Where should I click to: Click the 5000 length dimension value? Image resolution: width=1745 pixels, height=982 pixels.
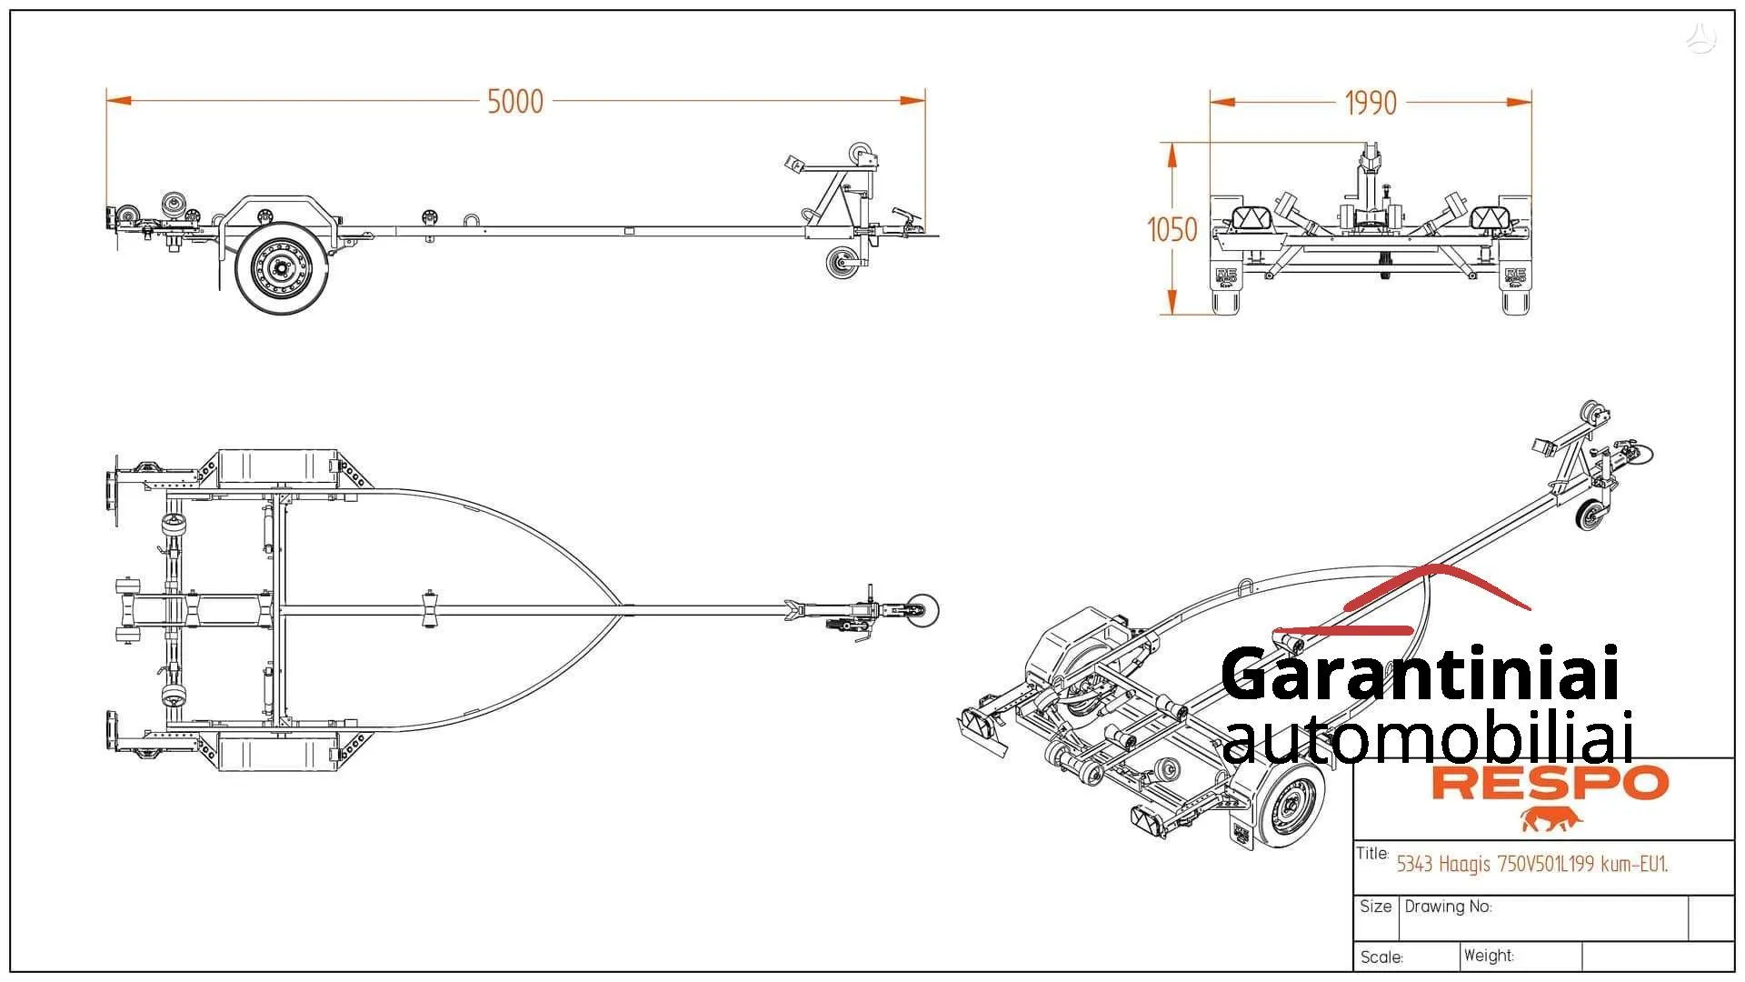(515, 102)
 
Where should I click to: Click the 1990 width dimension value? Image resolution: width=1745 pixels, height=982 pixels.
(1370, 104)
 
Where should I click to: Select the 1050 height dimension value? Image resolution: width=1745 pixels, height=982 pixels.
(1172, 229)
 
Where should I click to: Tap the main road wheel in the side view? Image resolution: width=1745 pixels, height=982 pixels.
(281, 267)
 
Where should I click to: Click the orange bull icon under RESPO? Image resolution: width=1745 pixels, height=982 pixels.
(1551, 819)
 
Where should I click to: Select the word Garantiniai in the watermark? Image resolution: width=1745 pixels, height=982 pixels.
(1420, 674)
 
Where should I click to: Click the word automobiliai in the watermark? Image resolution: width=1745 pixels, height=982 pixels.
(1427, 738)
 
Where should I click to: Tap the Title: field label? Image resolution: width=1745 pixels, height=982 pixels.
(1372, 854)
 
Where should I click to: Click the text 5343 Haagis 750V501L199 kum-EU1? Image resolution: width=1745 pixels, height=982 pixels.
(1531, 864)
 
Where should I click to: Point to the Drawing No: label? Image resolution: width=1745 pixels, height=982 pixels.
(1448, 907)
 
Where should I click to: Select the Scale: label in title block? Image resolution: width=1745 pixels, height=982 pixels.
(1381, 957)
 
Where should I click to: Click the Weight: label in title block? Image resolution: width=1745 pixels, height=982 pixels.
(1489, 956)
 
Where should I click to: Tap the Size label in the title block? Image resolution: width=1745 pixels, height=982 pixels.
(1375, 907)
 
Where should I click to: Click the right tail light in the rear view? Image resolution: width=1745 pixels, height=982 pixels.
(1490, 218)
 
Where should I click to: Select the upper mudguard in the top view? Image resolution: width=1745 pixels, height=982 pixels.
(277, 468)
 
